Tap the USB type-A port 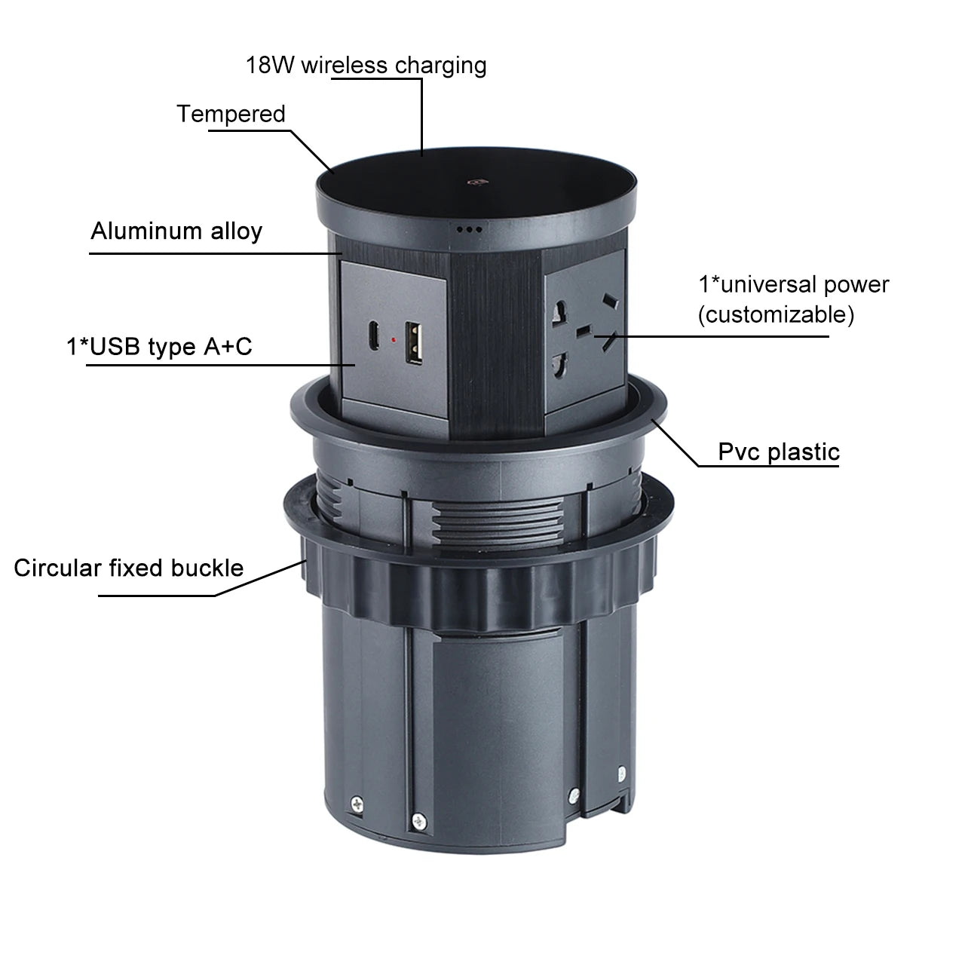pos(414,343)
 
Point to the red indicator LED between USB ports pos(394,340)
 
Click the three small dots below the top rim pos(469,230)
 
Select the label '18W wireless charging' pos(366,65)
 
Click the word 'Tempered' pos(231,114)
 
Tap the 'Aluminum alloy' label pos(176,231)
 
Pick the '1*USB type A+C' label pos(159,347)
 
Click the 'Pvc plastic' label pos(779,452)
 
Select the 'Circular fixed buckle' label pos(129,568)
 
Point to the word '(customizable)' pos(776,314)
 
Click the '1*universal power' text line pos(794,284)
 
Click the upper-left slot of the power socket pos(559,312)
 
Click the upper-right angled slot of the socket pos(611,301)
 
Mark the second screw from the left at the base pos(418,821)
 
